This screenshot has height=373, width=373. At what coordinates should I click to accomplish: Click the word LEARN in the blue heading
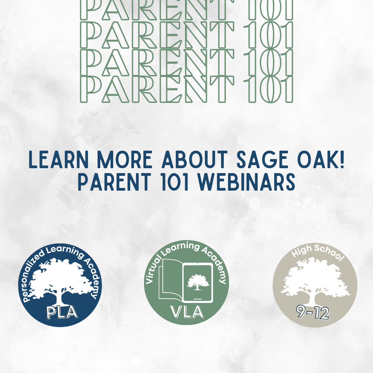pyautogui.click(x=58, y=160)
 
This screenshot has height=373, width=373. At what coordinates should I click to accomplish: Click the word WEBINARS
pyautogui.click(x=247, y=182)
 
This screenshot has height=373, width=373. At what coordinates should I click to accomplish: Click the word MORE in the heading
pyautogui.click(x=125, y=160)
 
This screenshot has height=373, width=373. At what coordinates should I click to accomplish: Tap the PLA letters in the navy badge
pyautogui.click(x=62, y=312)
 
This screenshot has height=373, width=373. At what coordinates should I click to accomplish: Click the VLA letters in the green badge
pyautogui.click(x=187, y=312)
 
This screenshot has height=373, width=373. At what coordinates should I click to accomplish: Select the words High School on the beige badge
pyautogui.click(x=318, y=252)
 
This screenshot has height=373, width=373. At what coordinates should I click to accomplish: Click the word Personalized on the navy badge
pyautogui.click(x=33, y=276)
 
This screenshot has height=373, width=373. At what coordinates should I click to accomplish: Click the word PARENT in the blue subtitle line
pyautogui.click(x=114, y=182)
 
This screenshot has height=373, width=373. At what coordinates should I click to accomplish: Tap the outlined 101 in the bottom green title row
pyautogui.click(x=268, y=90)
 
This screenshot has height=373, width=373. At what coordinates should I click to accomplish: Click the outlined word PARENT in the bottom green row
pyautogui.click(x=157, y=90)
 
